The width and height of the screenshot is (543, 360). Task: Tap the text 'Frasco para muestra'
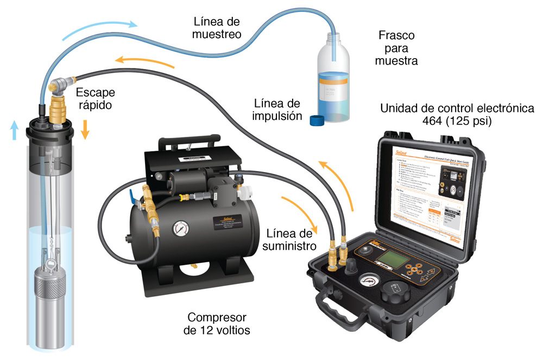point(396,48)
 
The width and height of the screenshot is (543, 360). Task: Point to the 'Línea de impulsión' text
point(277,109)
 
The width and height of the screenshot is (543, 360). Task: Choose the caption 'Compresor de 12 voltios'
point(217,323)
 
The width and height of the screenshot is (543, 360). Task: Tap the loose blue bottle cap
point(317,120)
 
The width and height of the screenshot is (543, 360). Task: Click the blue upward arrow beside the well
point(15,130)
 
